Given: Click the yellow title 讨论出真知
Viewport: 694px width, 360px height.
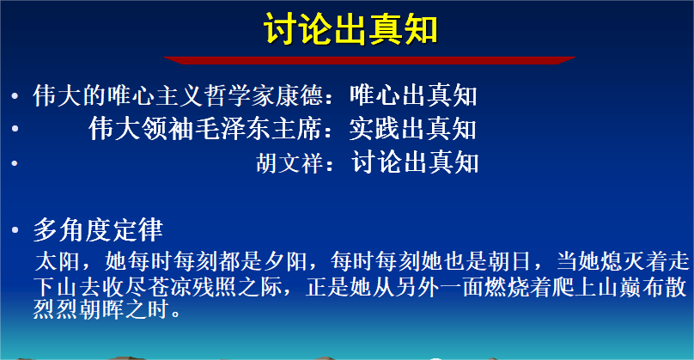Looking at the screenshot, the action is coord(350,28).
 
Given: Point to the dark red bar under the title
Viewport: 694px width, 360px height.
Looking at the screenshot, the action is coord(369,60).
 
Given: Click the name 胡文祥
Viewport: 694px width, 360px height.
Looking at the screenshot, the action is coord(289,162).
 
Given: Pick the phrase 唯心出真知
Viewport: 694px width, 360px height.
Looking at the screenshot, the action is coord(413,95).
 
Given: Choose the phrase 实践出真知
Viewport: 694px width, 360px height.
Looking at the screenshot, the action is coord(413,129).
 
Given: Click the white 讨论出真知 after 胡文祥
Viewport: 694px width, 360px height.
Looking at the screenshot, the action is coord(415,162).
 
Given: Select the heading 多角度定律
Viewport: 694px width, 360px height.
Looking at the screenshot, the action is coord(98,229).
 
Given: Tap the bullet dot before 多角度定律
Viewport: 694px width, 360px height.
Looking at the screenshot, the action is coord(15,229).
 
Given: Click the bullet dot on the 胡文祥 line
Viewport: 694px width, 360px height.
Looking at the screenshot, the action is coord(15,163).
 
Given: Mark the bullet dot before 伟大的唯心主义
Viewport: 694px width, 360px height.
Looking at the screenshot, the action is coord(15,95).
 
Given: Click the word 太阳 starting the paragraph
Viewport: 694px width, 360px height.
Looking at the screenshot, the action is coord(57,261).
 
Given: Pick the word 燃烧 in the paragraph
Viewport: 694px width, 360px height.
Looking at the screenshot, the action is coord(507,287).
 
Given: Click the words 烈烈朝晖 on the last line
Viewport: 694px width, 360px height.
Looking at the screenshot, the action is coord(79,308).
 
